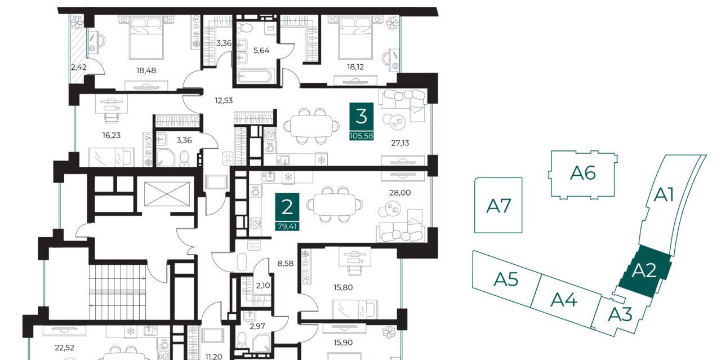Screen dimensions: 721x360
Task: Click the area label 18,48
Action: (x=146, y=70)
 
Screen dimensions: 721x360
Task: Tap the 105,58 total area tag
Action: (x=362, y=136)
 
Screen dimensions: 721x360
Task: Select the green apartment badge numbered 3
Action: (x=362, y=117)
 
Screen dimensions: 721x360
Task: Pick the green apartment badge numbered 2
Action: (x=287, y=208)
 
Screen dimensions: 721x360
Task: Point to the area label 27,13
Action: (x=400, y=143)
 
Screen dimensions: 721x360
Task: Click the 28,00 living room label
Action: (x=400, y=193)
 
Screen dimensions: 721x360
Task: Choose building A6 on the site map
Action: (x=583, y=174)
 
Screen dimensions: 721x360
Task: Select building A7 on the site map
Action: (x=499, y=205)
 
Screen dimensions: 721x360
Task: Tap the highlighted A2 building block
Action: (x=644, y=271)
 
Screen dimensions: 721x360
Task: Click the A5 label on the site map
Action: (x=506, y=279)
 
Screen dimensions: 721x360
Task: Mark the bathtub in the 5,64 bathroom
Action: (x=255, y=76)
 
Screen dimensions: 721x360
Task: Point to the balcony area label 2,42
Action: (x=79, y=67)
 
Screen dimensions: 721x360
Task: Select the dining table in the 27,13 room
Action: (x=311, y=126)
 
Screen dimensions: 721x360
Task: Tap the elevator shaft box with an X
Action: (x=167, y=194)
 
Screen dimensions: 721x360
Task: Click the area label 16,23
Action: (x=112, y=135)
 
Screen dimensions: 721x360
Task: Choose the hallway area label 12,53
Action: (x=224, y=100)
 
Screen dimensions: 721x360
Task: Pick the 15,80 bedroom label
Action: (x=343, y=287)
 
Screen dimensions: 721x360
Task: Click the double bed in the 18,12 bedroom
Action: (x=355, y=39)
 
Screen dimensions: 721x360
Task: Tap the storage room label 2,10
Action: (x=263, y=285)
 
